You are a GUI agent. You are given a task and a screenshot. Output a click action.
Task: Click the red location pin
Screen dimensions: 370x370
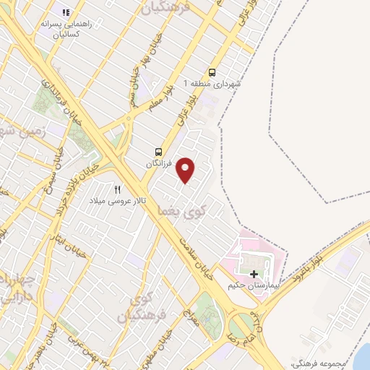pyautogui.click(x=186, y=170)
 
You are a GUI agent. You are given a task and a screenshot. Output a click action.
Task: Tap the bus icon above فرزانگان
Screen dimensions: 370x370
pyautogui.click(x=158, y=152)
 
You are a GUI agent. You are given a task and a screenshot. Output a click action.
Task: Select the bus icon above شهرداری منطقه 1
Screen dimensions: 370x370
pyautogui.click(x=212, y=72)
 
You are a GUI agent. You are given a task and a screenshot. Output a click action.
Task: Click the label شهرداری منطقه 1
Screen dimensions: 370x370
pyautogui.click(x=215, y=84)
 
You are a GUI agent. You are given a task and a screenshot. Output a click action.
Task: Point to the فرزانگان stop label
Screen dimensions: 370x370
pyautogui.click(x=160, y=164)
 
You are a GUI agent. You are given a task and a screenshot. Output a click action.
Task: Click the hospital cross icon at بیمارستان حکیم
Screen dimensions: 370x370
pyautogui.click(x=254, y=274)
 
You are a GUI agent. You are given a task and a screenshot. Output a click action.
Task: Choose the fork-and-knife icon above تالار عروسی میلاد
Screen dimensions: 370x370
pyautogui.click(x=117, y=189)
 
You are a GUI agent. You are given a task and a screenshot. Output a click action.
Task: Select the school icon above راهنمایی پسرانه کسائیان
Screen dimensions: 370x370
pyautogui.click(x=66, y=12)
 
